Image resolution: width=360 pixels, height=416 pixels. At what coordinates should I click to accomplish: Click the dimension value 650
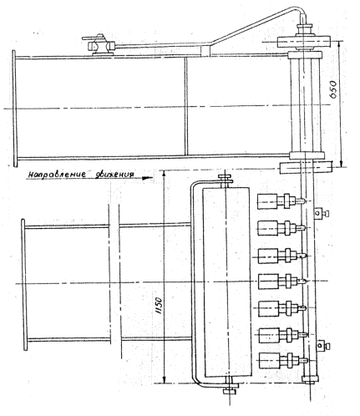(x=333, y=89)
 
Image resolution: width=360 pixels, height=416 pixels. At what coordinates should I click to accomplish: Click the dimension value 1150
(x=159, y=306)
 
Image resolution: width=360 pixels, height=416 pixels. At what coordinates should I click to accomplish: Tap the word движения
(x=114, y=175)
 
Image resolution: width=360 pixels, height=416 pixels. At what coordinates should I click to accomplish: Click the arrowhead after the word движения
(x=147, y=178)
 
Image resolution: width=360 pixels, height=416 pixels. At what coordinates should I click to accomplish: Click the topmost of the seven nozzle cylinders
(x=267, y=201)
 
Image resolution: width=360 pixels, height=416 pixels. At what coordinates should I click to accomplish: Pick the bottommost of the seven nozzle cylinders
(x=269, y=360)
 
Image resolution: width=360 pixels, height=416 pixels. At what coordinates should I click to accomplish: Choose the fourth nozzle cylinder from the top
(x=268, y=282)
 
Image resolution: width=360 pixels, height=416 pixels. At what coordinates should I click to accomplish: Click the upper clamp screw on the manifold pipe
(x=321, y=213)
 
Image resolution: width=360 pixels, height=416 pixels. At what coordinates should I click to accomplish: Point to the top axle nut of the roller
(x=226, y=177)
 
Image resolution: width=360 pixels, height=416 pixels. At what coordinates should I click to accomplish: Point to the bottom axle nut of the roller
(x=230, y=391)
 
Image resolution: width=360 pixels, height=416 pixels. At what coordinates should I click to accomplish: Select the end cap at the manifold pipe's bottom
(x=310, y=378)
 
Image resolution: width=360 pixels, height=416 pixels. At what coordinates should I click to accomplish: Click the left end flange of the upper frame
(x=14, y=109)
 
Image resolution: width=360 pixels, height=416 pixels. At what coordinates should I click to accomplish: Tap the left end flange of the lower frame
(x=24, y=284)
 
